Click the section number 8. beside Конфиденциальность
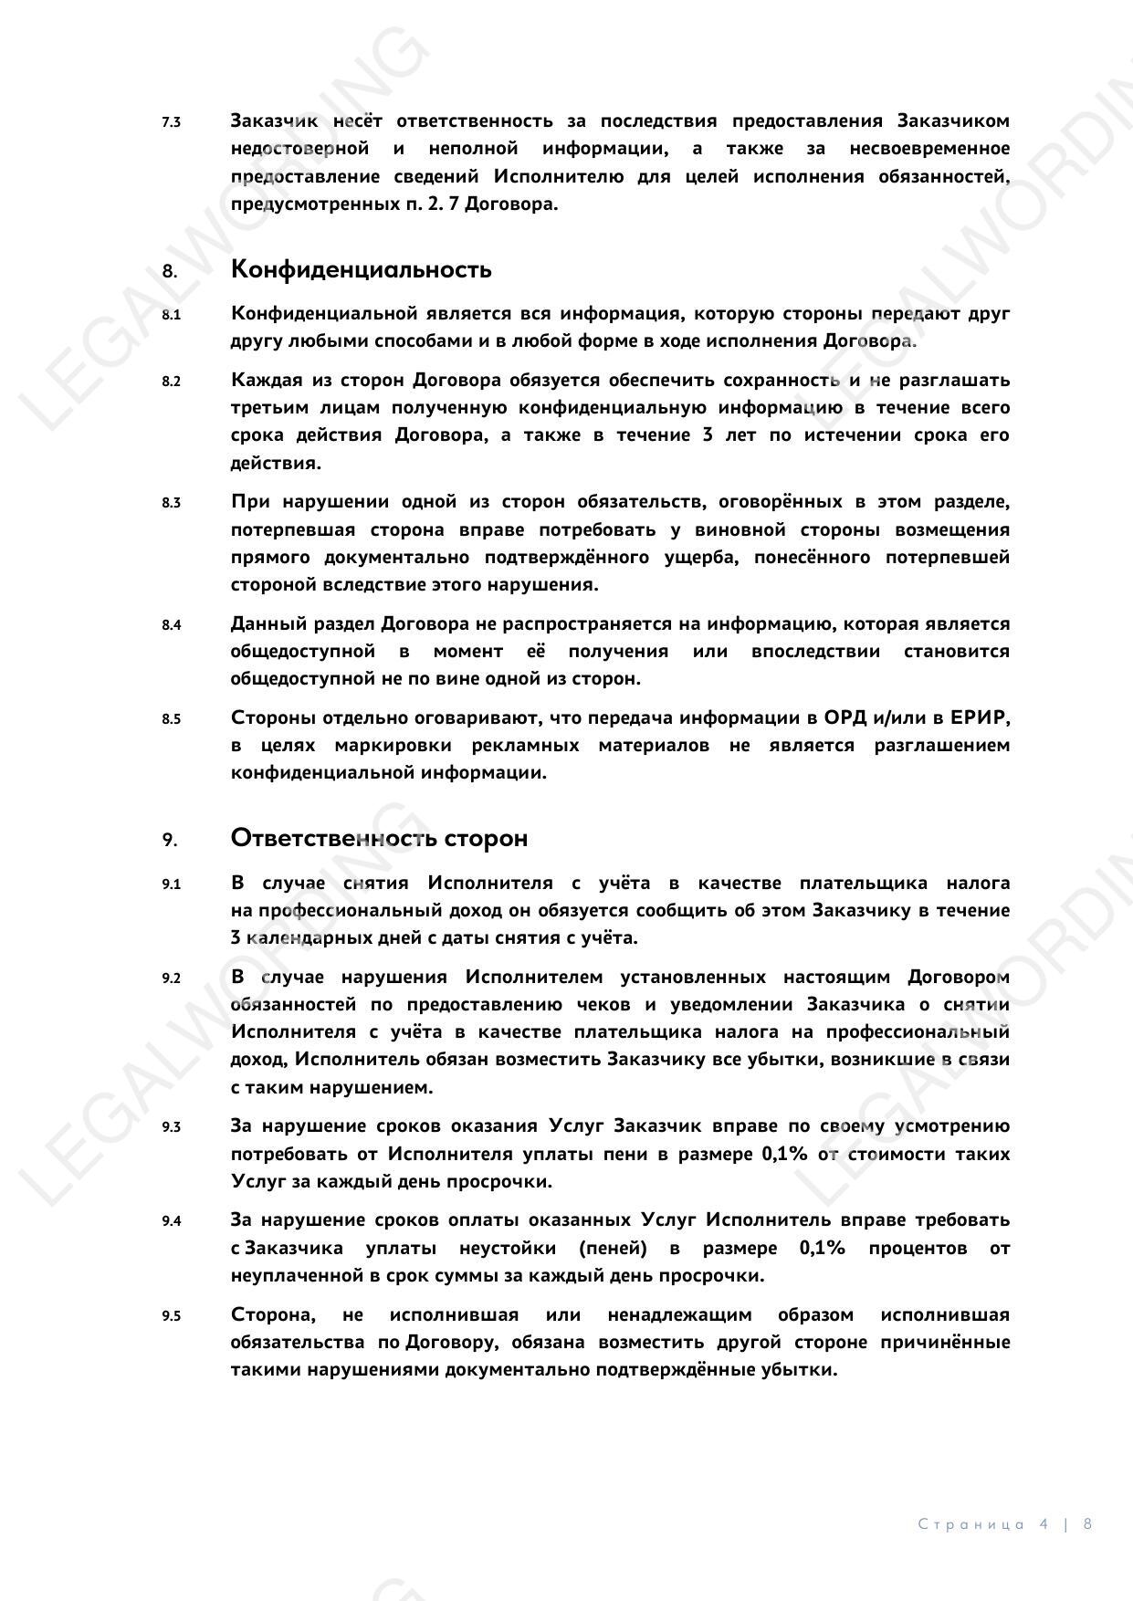tap(170, 271)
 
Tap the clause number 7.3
tap(171, 121)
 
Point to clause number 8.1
tap(171, 314)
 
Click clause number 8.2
tap(171, 381)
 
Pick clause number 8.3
tap(171, 503)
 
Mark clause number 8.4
tap(171, 625)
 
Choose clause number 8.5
tap(171, 719)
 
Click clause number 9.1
tap(171, 884)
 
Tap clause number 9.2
tap(171, 978)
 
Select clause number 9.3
tap(171, 1127)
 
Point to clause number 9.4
tap(171, 1221)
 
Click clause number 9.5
tap(171, 1316)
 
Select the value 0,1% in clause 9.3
tap(784, 1155)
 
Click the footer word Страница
tap(970, 1524)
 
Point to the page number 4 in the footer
tap(1044, 1524)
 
